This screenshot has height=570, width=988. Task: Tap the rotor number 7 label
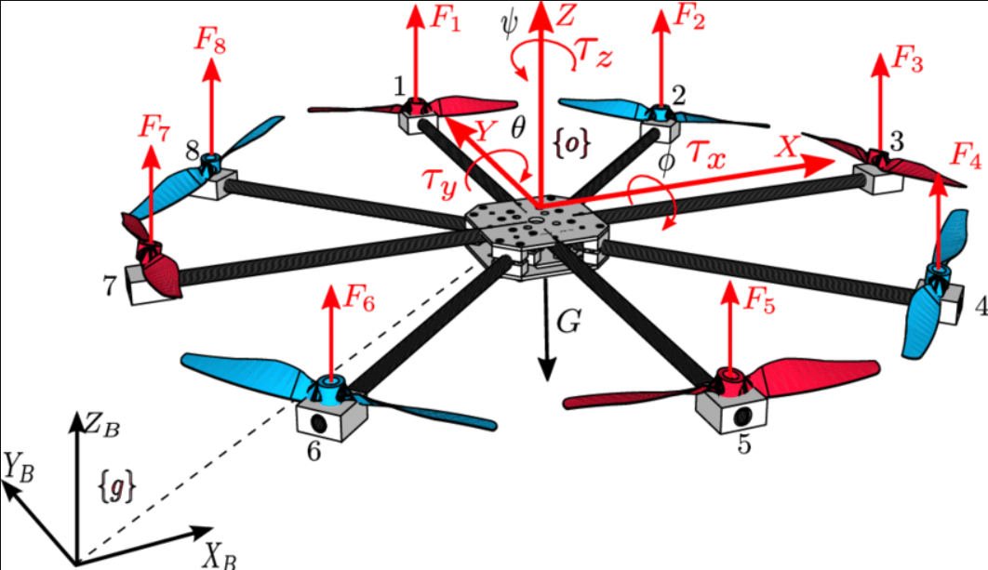pos(111,286)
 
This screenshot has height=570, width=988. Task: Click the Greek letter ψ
pos(506,20)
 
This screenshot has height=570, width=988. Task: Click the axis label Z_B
pos(100,428)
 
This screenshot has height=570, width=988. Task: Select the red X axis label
pos(787,145)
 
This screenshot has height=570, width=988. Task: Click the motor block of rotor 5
pos(732,409)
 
